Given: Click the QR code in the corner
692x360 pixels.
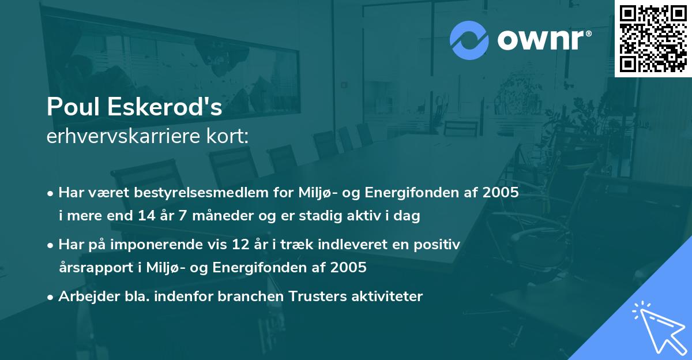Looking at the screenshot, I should [x=652, y=39].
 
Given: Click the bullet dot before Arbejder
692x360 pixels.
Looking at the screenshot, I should [x=51, y=297].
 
